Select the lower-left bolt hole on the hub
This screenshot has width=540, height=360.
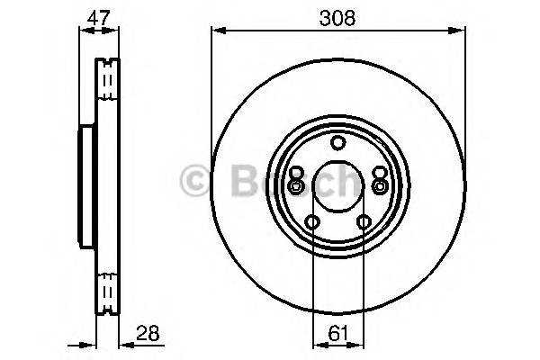pyautogui.click(x=312, y=222)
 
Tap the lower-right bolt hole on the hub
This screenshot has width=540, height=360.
pyautogui.click(x=364, y=222)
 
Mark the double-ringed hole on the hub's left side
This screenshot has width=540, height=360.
pyautogui.click(x=295, y=186)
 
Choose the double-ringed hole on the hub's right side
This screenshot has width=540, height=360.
pyautogui.click(x=381, y=186)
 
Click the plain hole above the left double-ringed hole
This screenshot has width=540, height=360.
pyautogui.click(x=297, y=171)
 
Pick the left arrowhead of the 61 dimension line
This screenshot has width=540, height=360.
pyautogui.click(x=315, y=343)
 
